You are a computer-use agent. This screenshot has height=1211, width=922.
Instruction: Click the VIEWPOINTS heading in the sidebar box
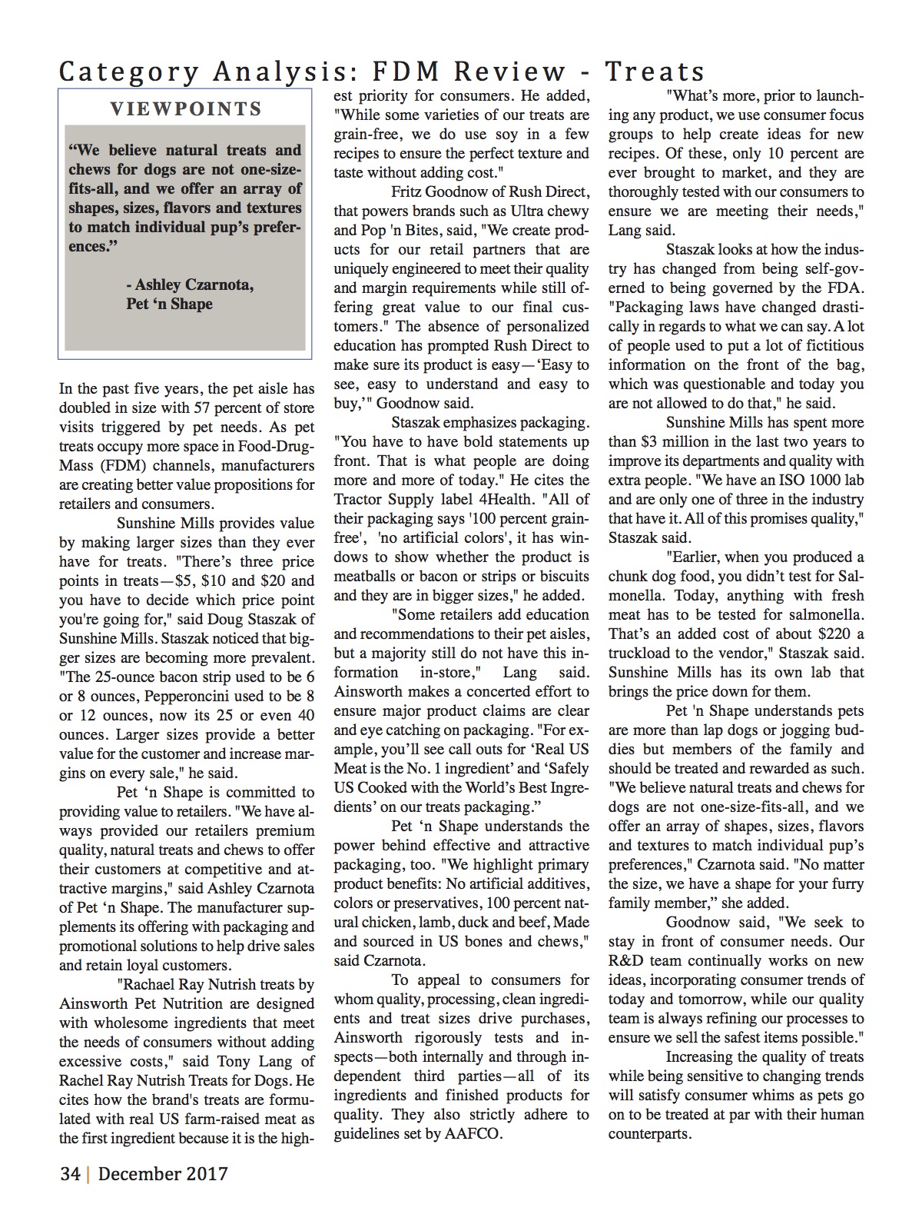186,109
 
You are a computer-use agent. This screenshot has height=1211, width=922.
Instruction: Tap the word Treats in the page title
655,72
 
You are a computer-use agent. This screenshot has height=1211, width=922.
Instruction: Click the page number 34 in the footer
71,1174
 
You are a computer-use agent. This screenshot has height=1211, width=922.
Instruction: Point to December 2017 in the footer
163,1174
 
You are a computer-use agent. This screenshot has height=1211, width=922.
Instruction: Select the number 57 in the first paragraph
204,408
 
